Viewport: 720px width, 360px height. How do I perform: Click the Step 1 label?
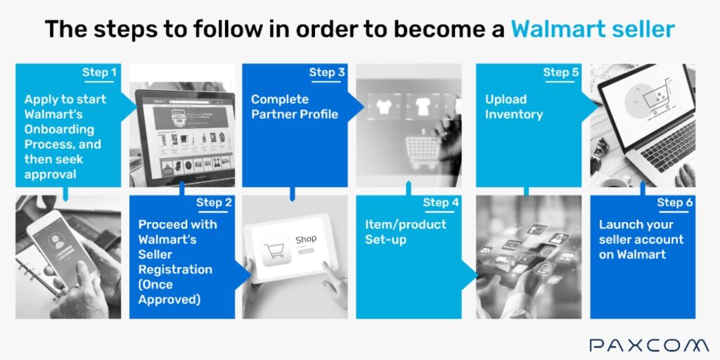[99, 72]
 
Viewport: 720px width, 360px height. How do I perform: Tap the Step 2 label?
[214, 202]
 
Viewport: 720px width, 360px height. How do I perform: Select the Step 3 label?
[327, 72]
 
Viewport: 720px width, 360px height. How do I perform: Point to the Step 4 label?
[441, 202]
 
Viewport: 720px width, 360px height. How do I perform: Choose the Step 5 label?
[561, 72]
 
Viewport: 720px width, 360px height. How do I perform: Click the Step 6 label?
[674, 202]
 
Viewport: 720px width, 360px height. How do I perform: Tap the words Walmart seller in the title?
[593, 29]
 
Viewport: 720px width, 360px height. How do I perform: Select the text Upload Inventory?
[513, 107]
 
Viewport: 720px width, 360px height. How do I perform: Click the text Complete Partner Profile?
[295, 107]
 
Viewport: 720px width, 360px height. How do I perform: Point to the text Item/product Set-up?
[405, 232]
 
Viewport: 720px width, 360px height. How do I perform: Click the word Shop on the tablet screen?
[306, 239]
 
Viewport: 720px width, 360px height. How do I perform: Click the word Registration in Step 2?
[174, 269]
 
